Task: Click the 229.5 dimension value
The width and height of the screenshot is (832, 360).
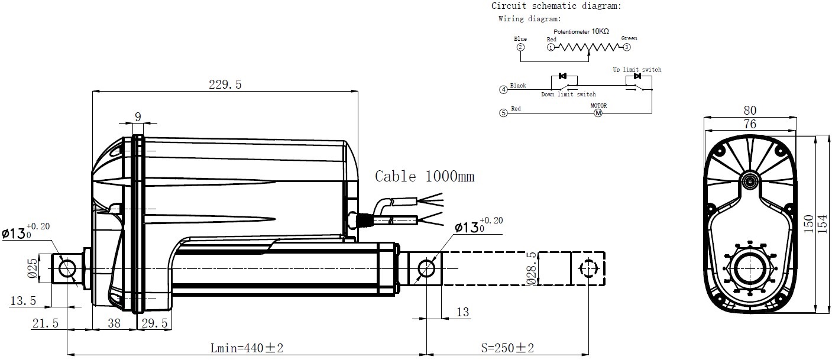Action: pos(225,85)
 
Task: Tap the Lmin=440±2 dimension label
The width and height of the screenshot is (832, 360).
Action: pos(247,348)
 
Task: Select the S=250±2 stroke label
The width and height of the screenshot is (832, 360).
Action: pos(507,348)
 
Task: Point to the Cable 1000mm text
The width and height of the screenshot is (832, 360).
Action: pos(425,176)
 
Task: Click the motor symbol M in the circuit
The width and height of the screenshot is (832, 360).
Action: pos(598,113)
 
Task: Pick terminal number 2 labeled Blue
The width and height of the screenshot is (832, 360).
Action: pos(520,47)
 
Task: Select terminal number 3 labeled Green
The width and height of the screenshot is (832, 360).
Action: pos(627,47)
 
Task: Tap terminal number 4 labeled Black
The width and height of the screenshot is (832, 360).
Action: pos(503,89)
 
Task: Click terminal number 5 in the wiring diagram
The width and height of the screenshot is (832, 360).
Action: pos(503,113)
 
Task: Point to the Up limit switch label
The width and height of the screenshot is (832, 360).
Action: pos(637,69)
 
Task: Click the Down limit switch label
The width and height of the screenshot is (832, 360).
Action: pos(568,94)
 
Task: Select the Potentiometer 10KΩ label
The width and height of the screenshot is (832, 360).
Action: pos(581,31)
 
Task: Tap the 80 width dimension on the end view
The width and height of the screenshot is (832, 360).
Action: pos(750,110)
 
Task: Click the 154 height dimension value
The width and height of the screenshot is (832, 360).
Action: pos(823,224)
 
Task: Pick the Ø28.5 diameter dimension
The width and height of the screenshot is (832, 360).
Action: pos(532,268)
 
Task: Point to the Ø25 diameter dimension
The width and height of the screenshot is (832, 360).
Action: pos(33,268)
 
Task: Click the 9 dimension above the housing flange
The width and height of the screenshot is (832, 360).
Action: pos(138,117)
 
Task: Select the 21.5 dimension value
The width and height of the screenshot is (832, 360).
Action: pos(46,323)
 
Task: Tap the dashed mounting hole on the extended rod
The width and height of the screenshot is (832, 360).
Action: pos(588,268)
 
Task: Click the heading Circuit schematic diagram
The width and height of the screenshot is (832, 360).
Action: pos(556,6)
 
